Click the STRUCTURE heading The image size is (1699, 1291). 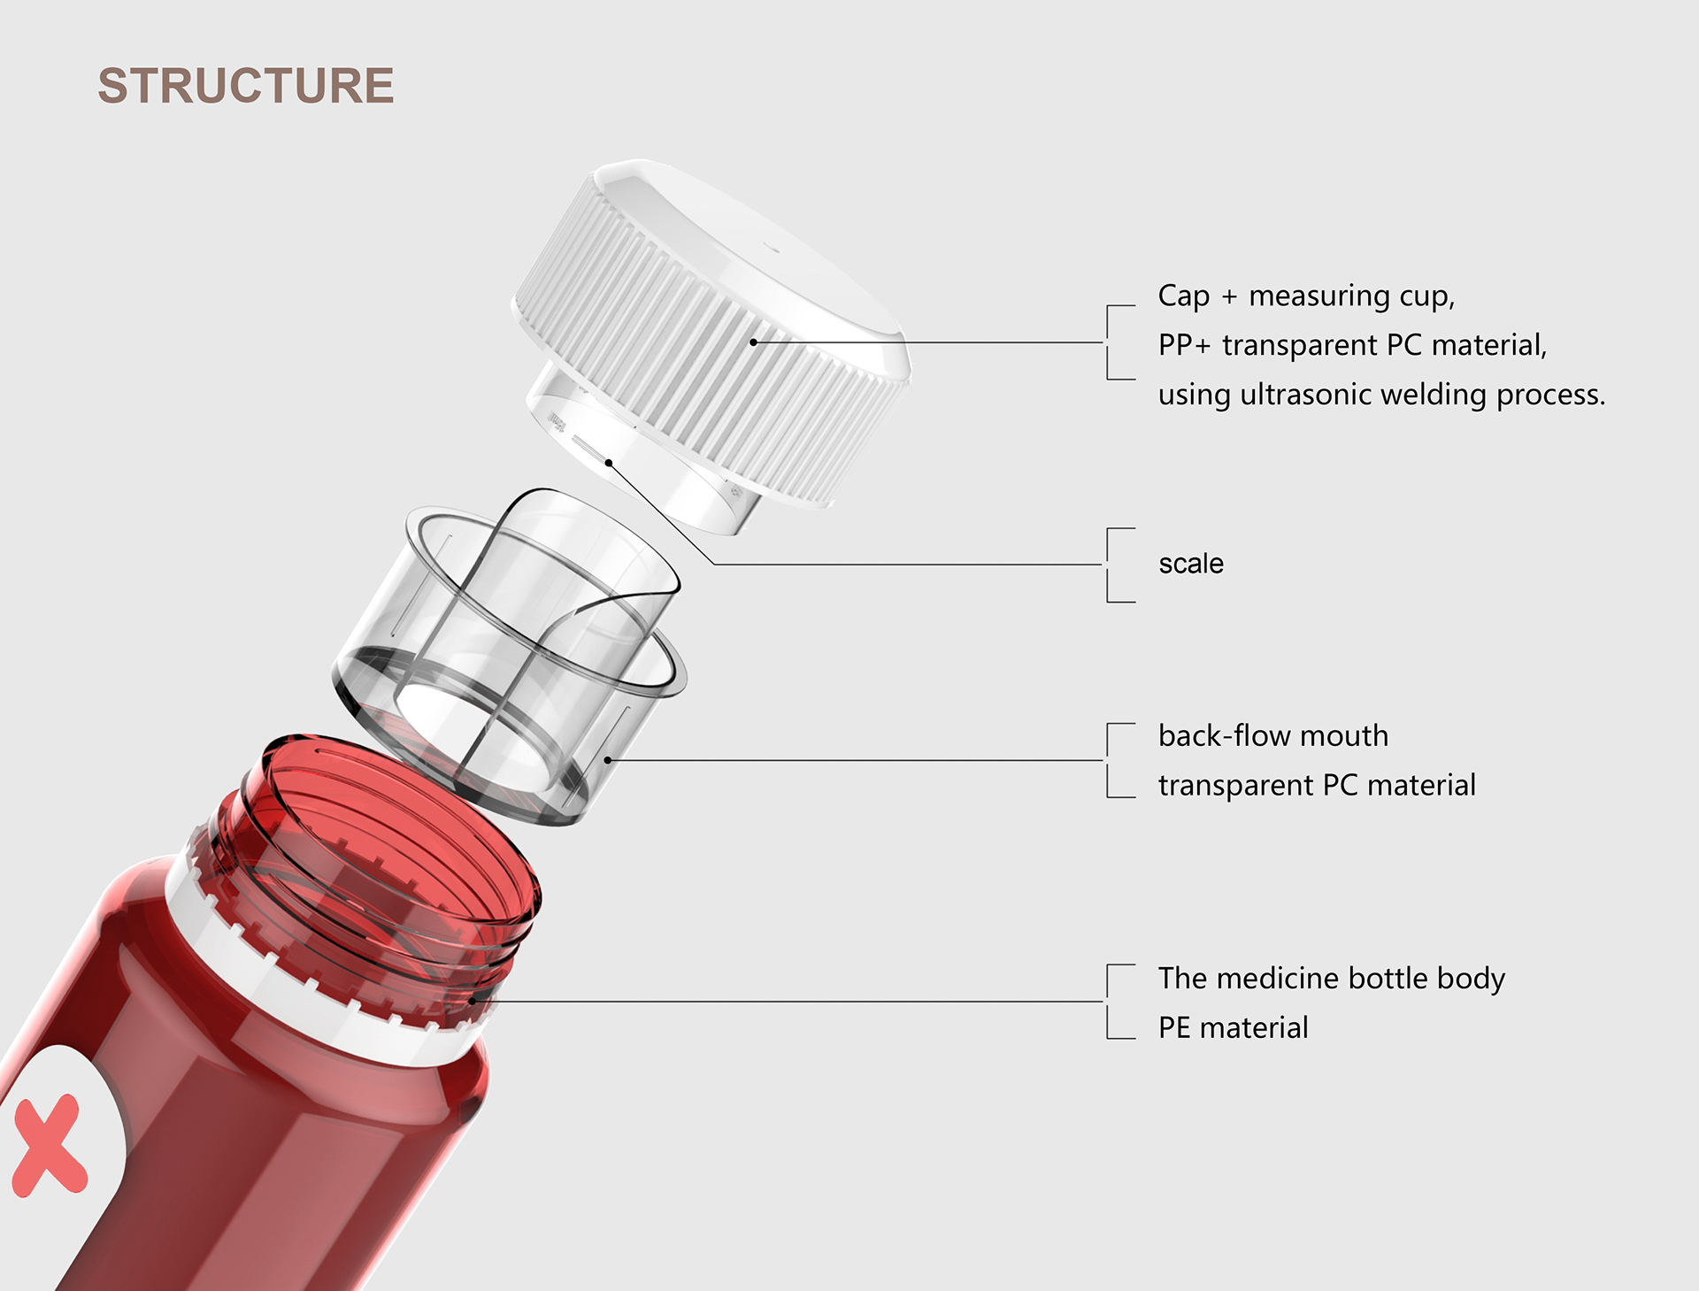pyautogui.click(x=245, y=86)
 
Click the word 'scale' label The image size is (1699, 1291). pyautogui.click(x=1190, y=564)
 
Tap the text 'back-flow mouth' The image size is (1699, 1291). pyautogui.click(x=1272, y=735)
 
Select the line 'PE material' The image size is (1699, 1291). pyautogui.click(x=1233, y=1027)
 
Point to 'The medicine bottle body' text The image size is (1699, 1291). pyautogui.click(x=1331, y=978)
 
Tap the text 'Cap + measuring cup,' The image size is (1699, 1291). pyautogui.click(x=1306, y=296)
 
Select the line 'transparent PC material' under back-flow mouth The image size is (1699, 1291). pyautogui.click(x=1316, y=785)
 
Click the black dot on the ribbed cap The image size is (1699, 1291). pyautogui.click(x=753, y=342)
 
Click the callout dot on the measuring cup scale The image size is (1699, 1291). pyautogui.click(x=609, y=463)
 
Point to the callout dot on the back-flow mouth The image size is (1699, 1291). pyautogui.click(x=608, y=760)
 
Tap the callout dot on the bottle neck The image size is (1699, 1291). pyautogui.click(x=473, y=1000)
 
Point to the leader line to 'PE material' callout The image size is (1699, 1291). pyautogui.click(x=796, y=1002)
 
